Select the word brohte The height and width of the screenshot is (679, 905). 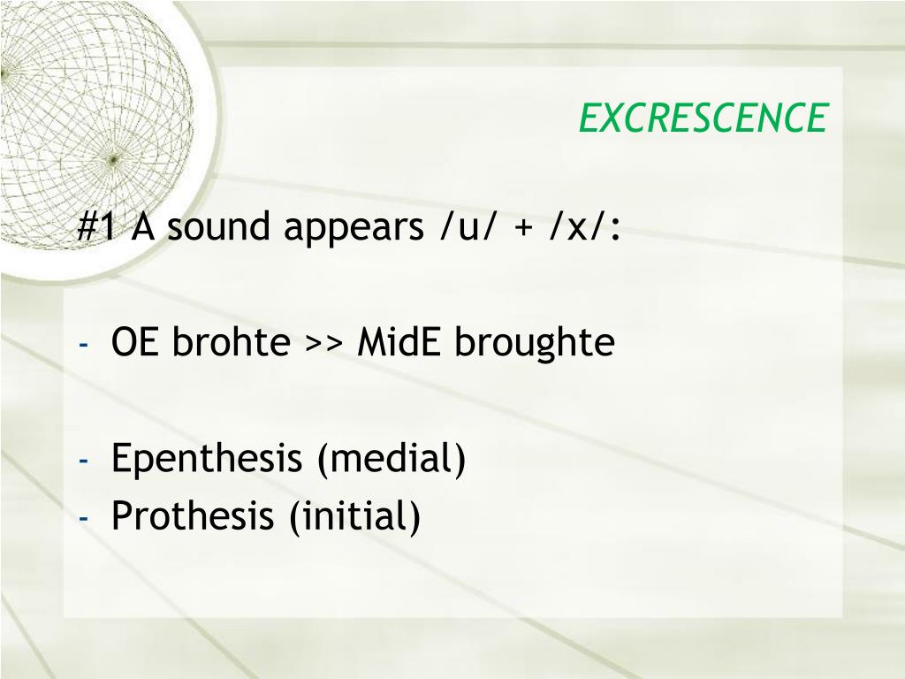[x=232, y=342]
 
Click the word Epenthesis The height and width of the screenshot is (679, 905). [x=207, y=460]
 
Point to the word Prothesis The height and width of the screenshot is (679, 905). [x=194, y=515]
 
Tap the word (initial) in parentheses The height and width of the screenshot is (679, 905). [x=354, y=515]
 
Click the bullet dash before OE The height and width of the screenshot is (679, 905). [x=82, y=344]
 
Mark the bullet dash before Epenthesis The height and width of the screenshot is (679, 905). [x=82, y=461]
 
